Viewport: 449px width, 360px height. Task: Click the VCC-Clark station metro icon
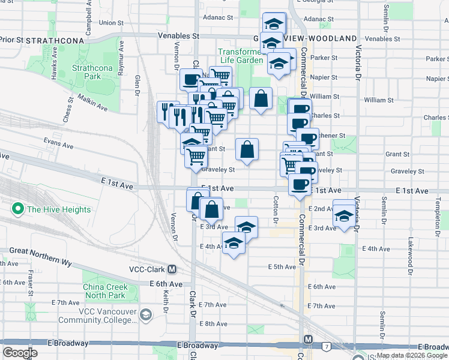click(x=172, y=269)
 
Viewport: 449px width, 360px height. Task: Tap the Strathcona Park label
click(x=85, y=73)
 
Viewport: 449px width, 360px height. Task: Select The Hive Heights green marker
click(x=17, y=209)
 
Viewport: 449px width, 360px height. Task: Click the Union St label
click(x=111, y=23)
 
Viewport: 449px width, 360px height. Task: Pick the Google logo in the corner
click(x=20, y=353)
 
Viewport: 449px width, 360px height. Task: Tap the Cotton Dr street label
click(x=276, y=210)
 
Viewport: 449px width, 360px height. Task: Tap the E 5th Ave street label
click(x=282, y=266)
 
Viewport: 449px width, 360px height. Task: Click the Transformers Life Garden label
click(x=240, y=56)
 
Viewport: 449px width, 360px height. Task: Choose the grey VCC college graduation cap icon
click(x=145, y=314)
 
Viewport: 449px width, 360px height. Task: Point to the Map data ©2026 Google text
click(x=412, y=355)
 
